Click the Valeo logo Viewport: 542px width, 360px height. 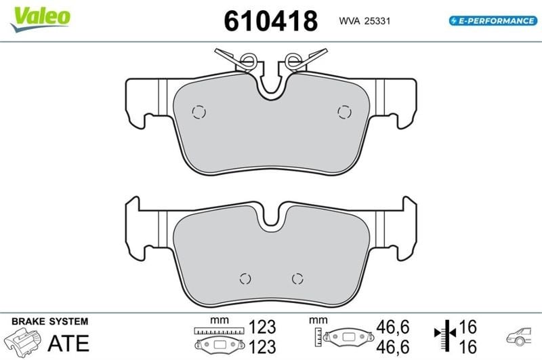tap(41, 19)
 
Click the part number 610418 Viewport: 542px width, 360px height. tap(270, 21)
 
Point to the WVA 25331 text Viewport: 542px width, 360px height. tap(364, 21)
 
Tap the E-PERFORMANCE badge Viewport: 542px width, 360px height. tap(493, 21)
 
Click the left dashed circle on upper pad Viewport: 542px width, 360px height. tap(199, 112)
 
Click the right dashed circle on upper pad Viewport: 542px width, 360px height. tap(344, 112)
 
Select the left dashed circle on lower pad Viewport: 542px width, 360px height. tap(245, 279)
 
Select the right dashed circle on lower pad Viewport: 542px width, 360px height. tap(297, 279)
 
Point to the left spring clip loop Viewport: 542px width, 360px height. tap(248, 60)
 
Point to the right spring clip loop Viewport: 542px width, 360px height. tap(294, 60)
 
